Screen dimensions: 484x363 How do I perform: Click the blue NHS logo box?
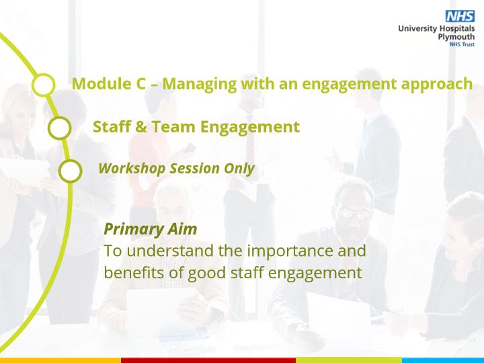click(x=460, y=16)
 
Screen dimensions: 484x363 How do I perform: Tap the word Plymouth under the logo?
click(x=456, y=37)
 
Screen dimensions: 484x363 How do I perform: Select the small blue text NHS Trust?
click(x=462, y=44)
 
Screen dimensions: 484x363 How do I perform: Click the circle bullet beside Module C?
click(x=44, y=85)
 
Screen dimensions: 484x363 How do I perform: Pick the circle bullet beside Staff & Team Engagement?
click(x=60, y=128)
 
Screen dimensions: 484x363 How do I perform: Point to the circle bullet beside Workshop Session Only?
click(x=70, y=171)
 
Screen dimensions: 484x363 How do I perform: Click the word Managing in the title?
click(x=200, y=84)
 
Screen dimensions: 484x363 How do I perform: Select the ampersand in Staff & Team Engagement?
click(x=140, y=127)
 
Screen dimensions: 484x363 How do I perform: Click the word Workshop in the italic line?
click(x=132, y=169)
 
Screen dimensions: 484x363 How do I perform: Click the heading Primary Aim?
click(x=151, y=229)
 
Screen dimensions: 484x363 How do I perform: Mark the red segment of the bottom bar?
click(x=208, y=360)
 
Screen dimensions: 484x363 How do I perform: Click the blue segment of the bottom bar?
click(x=443, y=360)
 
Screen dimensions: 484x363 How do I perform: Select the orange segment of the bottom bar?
click(x=61, y=360)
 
